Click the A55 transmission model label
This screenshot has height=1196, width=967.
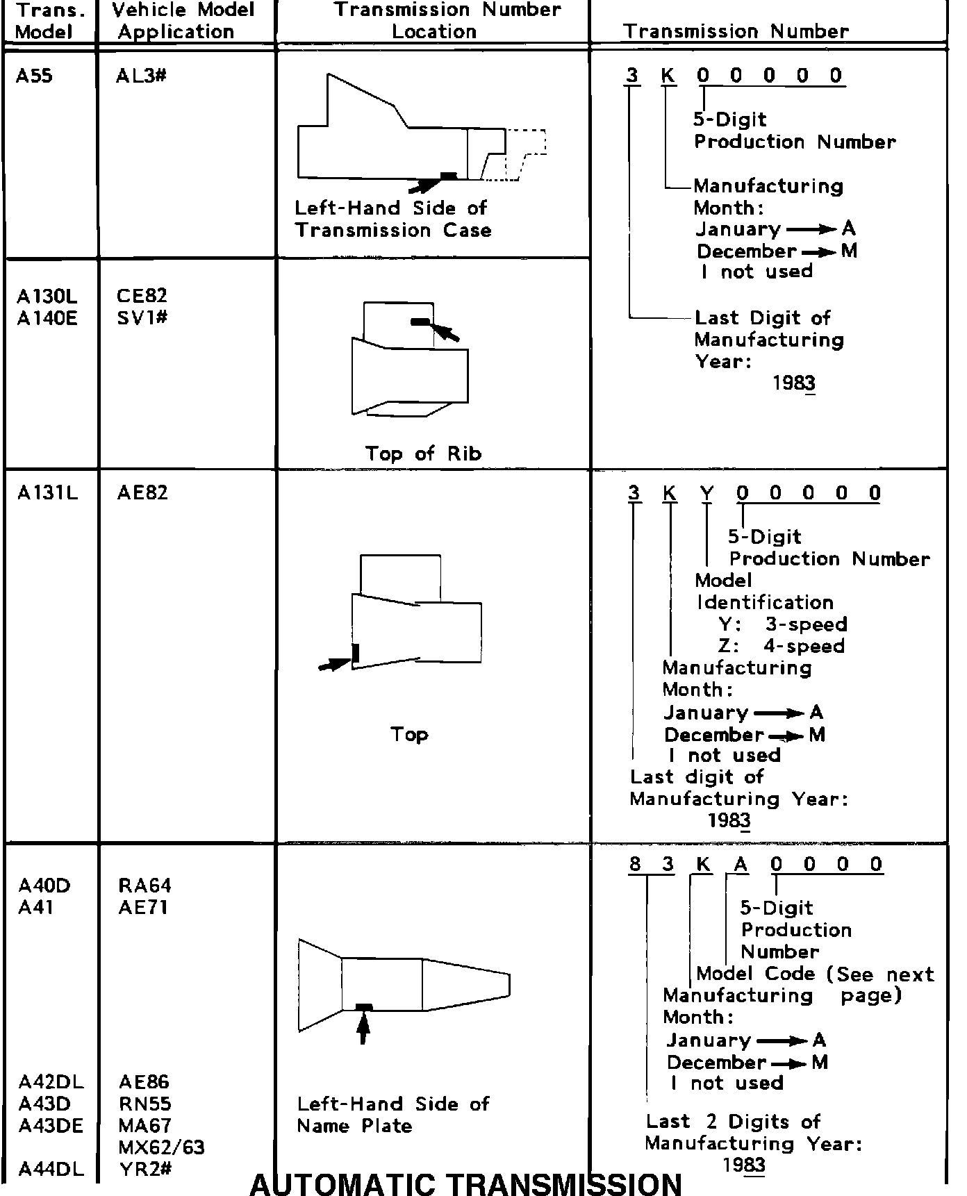(34, 76)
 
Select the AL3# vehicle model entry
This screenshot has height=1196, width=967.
(142, 76)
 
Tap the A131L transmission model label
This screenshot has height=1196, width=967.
(47, 493)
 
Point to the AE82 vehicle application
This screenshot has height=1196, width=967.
(142, 493)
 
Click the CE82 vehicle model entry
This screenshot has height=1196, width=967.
(142, 296)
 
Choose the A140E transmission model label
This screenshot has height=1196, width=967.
(47, 318)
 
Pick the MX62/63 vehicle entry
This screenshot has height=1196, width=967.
(161, 1147)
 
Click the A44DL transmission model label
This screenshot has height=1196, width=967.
(51, 1169)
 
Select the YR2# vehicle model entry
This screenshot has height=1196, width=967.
(144, 1169)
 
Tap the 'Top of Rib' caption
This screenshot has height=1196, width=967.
(423, 454)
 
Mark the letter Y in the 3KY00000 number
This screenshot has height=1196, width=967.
(706, 493)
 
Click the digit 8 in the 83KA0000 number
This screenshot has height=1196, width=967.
(635, 864)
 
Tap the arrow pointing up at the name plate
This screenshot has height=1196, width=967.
(363, 1029)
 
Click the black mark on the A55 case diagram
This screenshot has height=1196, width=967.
(449, 176)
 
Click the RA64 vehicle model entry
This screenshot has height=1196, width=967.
(144, 886)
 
